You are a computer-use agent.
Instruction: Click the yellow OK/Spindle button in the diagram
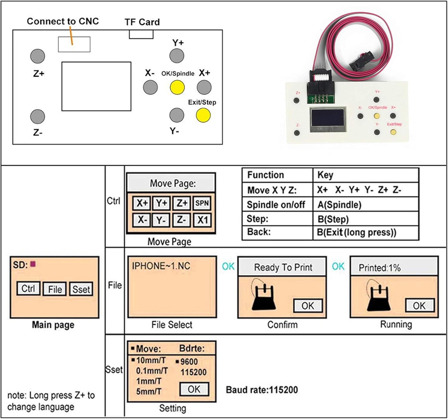click(x=177, y=88)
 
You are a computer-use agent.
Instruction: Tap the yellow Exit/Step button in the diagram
click(x=203, y=115)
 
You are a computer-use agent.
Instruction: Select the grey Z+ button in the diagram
click(x=38, y=56)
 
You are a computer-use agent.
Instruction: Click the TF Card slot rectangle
click(x=141, y=34)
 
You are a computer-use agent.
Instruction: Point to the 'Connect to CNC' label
click(x=63, y=21)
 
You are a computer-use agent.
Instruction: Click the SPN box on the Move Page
click(x=202, y=203)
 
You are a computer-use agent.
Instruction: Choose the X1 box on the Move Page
click(x=202, y=220)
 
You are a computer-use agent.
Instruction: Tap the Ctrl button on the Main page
click(x=28, y=288)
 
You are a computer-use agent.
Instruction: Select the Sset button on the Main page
click(x=81, y=289)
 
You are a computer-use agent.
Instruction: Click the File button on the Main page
click(x=55, y=289)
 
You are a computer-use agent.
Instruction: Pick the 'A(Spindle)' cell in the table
click(x=339, y=205)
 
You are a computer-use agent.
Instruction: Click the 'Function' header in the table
click(x=266, y=175)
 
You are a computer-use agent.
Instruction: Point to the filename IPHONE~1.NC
click(x=161, y=266)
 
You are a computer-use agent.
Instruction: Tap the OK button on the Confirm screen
click(x=308, y=306)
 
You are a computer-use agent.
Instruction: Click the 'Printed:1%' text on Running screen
click(x=379, y=268)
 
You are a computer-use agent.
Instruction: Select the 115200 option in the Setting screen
click(x=194, y=372)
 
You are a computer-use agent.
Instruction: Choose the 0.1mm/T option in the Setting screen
click(x=152, y=371)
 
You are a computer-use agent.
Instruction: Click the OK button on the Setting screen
click(x=194, y=389)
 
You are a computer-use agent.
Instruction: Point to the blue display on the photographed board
click(x=328, y=117)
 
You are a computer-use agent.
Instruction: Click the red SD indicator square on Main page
click(x=33, y=264)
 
